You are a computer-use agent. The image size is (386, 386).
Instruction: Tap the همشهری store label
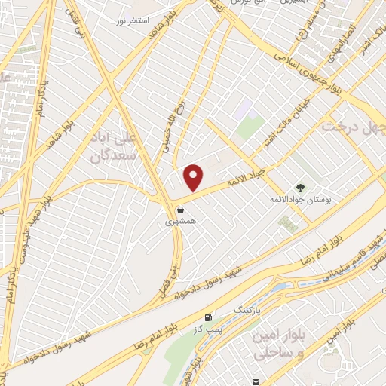click(x=180, y=223)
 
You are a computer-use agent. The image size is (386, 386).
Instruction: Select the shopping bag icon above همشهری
click(x=180, y=210)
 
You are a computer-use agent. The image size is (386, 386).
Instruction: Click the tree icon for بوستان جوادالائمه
click(x=301, y=188)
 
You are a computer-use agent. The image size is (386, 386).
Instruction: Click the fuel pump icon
click(x=208, y=317)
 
